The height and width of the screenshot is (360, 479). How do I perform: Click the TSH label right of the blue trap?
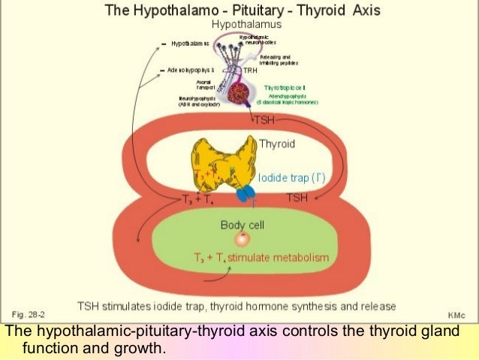click(298, 197)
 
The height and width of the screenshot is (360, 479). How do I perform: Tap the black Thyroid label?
click(276, 144)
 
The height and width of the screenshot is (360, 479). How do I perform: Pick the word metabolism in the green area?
click(299, 258)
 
